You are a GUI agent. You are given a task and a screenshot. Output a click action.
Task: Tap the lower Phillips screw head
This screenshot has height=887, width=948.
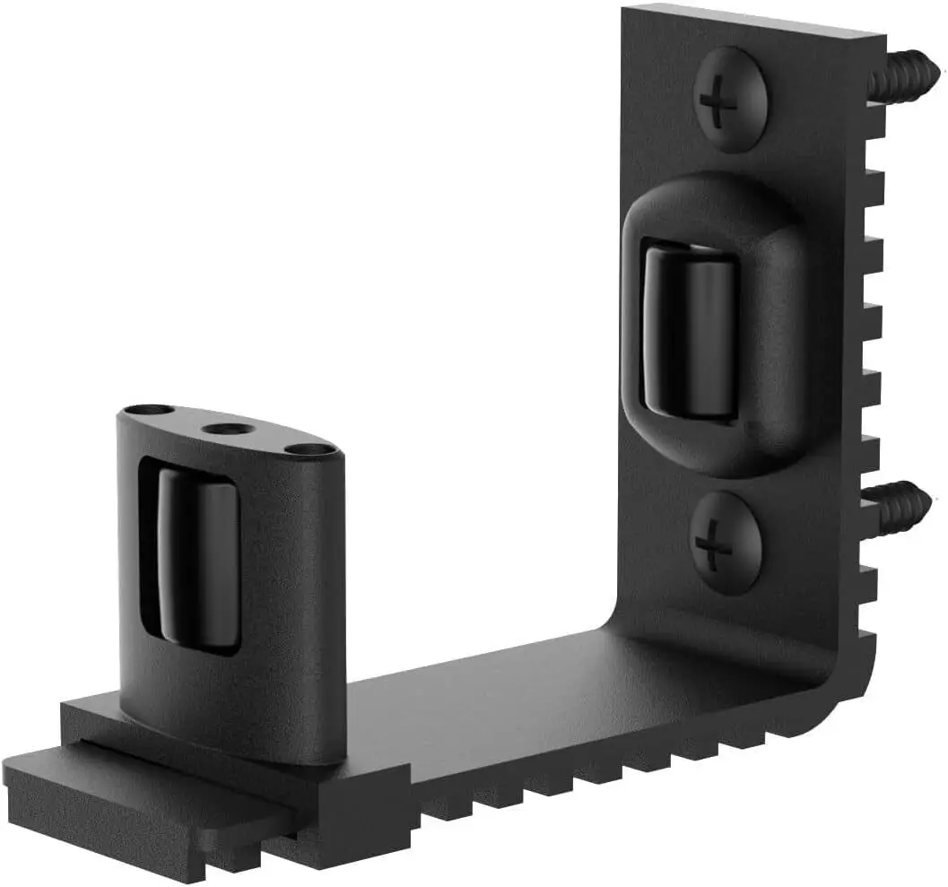click(x=725, y=542)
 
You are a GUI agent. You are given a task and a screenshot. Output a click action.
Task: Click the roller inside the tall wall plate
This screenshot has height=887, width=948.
click(x=691, y=332)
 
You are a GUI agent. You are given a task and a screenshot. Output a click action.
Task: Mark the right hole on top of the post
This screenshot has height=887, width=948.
click(x=309, y=448)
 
